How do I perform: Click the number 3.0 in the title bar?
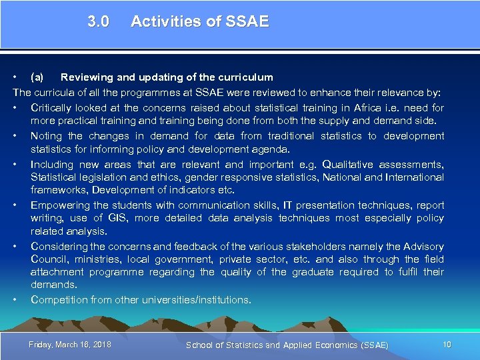pos(98,21)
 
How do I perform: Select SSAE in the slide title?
pos(247,21)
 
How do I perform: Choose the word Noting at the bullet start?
pos(47,135)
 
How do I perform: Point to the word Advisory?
pos(422,246)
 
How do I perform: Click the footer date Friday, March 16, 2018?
pos(70,344)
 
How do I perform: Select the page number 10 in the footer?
pos(447,344)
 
